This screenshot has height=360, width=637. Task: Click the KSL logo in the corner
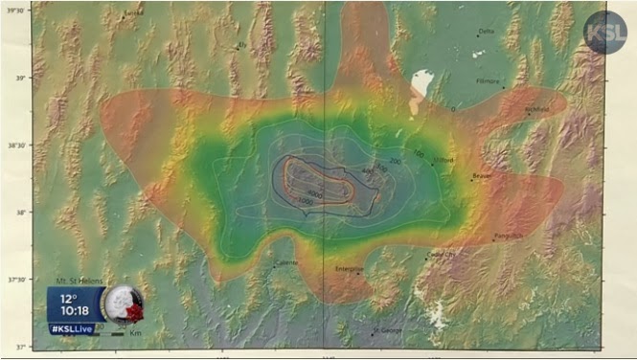tap(605, 32)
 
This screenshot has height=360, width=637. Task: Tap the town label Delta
tap(487, 31)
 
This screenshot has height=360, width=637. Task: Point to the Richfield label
tap(537, 109)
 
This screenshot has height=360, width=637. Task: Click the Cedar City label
tap(442, 255)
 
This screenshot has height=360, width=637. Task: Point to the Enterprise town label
tap(349, 270)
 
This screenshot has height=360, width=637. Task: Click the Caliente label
tap(286, 262)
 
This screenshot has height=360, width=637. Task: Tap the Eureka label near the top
tap(132, 13)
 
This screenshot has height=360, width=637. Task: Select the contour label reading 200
tap(395, 161)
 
